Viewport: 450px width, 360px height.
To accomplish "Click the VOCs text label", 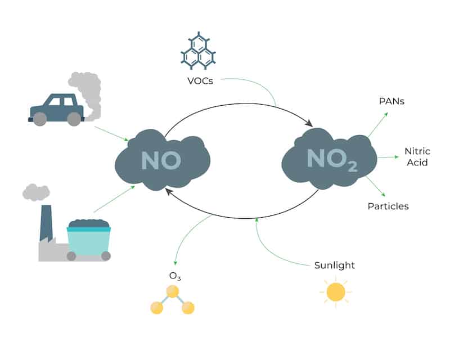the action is coord(200,81).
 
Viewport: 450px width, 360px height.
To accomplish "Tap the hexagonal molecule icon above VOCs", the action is coord(199,51).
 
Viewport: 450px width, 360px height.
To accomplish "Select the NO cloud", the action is coord(163,160).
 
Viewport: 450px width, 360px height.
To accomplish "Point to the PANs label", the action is coord(391,101).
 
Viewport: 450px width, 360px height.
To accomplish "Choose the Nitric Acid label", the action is coord(417,157).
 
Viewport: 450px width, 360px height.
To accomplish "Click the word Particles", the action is coord(388,206).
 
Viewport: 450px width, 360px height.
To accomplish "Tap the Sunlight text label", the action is coord(335,265).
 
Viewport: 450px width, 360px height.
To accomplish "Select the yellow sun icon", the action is coord(336,292).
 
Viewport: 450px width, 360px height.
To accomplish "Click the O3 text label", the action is coord(175,276).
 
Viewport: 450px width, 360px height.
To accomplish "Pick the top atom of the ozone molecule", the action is coord(173,291).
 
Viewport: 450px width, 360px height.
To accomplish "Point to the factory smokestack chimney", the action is coord(46,223).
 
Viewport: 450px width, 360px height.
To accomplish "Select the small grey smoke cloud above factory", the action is coord(36,192).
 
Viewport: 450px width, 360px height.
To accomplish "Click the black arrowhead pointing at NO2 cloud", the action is coord(309,123).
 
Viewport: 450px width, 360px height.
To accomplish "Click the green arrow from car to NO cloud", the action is coord(111,133).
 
